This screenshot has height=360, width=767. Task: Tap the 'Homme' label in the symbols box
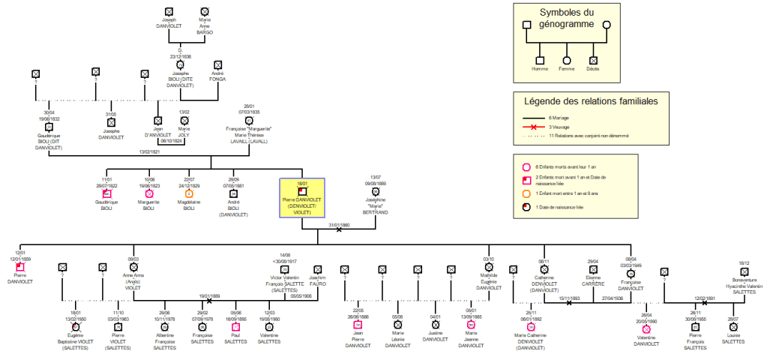click(x=539, y=69)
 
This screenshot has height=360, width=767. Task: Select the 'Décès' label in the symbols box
click(x=593, y=69)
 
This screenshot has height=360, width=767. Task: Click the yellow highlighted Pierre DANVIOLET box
click(x=301, y=198)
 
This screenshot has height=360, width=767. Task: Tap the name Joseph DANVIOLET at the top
click(x=169, y=25)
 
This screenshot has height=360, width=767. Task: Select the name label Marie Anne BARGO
click(x=205, y=28)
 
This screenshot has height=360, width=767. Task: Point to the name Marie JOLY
click(x=184, y=133)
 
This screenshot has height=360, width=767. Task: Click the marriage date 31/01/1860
click(x=340, y=224)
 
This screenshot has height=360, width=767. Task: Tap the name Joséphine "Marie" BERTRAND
click(x=375, y=207)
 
